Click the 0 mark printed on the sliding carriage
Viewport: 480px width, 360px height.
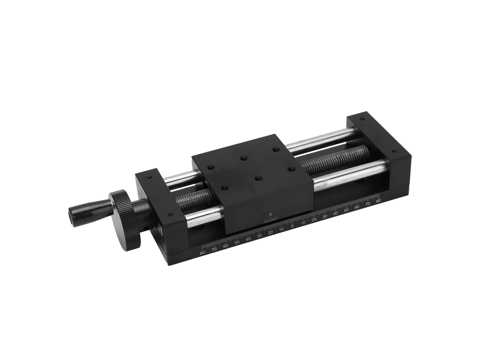pos(270,214)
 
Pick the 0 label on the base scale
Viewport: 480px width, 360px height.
pos(292,226)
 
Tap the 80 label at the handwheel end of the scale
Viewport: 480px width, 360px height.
pos(203,253)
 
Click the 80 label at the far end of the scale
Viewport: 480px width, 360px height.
pos(378,200)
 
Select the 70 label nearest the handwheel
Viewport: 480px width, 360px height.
pos(214,250)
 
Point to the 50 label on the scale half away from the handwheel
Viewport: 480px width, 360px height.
pos(347,210)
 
